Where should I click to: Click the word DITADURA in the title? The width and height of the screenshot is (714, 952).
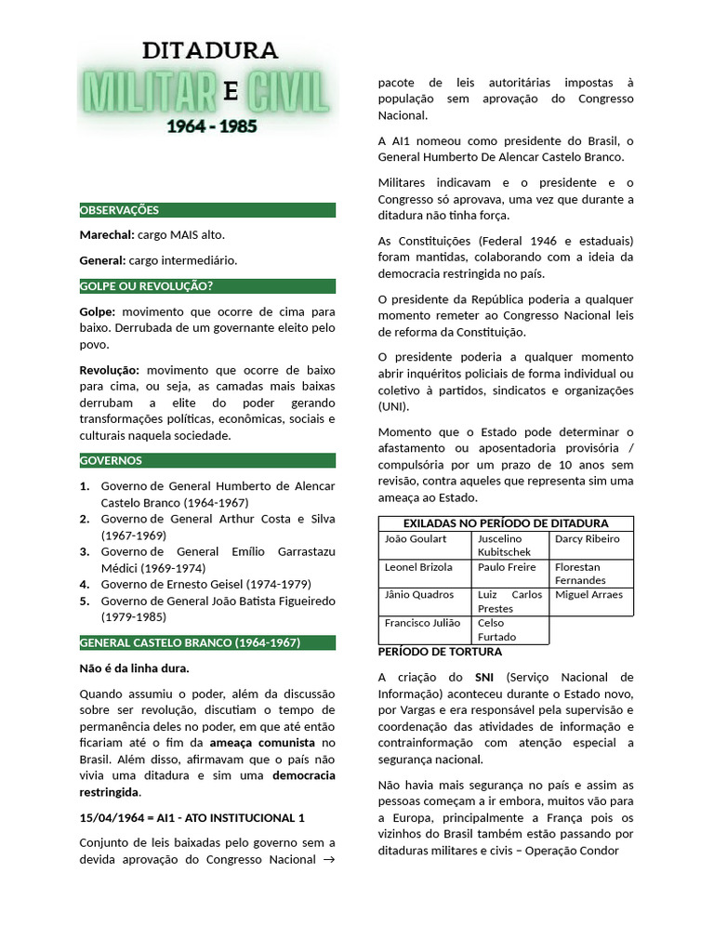(x=209, y=50)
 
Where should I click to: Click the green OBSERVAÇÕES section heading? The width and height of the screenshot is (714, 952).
(x=120, y=210)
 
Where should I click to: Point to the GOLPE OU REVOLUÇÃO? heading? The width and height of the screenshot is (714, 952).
(x=147, y=286)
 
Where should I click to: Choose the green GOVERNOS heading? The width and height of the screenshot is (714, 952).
(x=111, y=460)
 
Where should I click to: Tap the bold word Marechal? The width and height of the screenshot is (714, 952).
(x=107, y=235)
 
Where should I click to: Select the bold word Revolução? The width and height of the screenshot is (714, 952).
(x=110, y=370)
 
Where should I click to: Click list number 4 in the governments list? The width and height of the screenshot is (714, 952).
(x=85, y=585)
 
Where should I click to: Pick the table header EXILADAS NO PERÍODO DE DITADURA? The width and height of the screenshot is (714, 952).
(x=506, y=523)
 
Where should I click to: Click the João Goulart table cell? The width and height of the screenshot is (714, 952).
(x=416, y=539)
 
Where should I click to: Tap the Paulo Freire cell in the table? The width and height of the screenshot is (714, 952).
(x=507, y=567)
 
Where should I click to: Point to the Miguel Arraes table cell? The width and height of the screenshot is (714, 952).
(x=588, y=595)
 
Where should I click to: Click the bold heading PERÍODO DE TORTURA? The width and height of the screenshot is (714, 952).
(x=440, y=652)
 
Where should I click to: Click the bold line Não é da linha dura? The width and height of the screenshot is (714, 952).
(x=135, y=668)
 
